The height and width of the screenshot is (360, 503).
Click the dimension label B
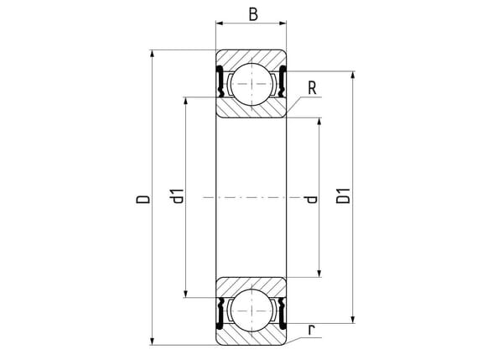(253, 14)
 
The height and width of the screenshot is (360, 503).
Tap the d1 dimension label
(178, 196)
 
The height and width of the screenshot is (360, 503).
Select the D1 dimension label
(343, 196)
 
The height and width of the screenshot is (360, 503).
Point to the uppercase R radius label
(312, 88)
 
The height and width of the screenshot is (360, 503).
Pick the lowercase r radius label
(311, 330)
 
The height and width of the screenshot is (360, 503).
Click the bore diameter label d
(312, 200)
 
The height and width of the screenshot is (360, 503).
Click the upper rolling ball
(251, 84)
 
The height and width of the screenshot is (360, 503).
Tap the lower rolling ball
(251, 310)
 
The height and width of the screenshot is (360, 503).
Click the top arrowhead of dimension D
(152, 54)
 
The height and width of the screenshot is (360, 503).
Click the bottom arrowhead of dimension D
(152, 342)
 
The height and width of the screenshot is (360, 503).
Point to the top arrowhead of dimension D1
(353, 75)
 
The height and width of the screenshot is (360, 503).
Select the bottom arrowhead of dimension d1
(185, 294)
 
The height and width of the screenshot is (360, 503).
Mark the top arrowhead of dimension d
(319, 122)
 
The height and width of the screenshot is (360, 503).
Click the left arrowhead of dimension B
(220, 23)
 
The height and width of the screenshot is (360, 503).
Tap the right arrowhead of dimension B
(283, 23)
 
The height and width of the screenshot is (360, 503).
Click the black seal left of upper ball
(220, 81)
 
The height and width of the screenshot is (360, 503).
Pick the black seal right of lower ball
(283, 314)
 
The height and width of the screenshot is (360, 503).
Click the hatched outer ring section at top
(251, 59)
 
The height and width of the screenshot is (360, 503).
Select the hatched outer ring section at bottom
(251, 336)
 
